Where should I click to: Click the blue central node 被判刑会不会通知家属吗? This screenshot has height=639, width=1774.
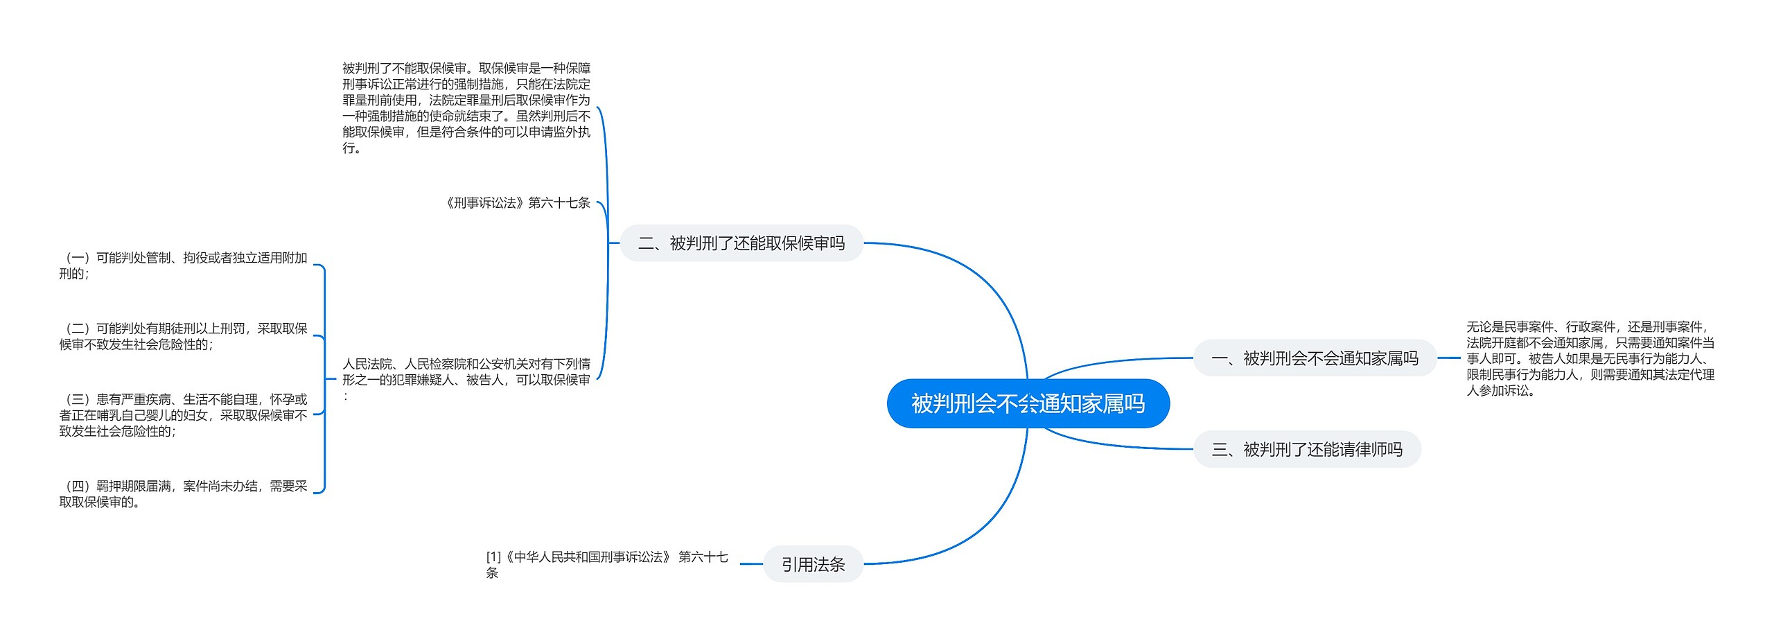[x=1028, y=403]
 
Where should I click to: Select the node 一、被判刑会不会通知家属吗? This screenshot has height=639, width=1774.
[x=1315, y=358]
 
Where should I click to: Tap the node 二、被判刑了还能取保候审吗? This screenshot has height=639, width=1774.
[x=741, y=243]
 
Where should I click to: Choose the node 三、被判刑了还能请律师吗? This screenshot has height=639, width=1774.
[x=1306, y=450]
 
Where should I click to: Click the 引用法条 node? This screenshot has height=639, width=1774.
[x=813, y=564]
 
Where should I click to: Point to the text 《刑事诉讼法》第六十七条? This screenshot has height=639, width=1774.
[x=517, y=203]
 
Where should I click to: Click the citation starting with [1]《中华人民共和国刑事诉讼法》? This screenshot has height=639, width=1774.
[x=606, y=564]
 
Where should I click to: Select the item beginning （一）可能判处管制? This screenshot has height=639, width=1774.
[x=183, y=265]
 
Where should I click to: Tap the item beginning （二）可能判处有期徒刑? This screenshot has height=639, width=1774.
[x=183, y=336]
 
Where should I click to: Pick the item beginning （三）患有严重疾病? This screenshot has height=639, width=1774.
[x=183, y=414]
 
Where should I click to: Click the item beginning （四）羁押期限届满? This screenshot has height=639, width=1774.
[x=183, y=493]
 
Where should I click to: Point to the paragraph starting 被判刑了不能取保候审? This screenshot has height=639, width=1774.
[x=466, y=107]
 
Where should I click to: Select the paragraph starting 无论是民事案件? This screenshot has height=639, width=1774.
[x=1590, y=358]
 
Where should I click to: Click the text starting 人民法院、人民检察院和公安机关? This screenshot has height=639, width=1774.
[x=466, y=379]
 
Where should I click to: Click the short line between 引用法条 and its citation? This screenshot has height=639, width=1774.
[x=751, y=564]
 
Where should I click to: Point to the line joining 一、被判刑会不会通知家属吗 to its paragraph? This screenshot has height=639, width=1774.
[x=1448, y=358]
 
